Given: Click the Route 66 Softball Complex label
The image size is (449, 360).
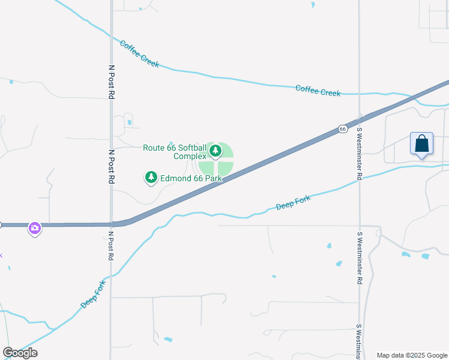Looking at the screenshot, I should click(174, 152).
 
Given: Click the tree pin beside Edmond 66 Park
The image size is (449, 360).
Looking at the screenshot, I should click(151, 177).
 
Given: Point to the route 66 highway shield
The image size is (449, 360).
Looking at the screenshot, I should click(342, 129).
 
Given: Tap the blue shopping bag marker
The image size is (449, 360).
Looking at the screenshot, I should click(422, 144).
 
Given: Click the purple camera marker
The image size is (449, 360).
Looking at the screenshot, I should click(35, 228).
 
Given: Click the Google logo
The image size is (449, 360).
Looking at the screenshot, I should click(20, 353).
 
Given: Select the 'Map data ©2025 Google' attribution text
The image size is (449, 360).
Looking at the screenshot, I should click(412, 355).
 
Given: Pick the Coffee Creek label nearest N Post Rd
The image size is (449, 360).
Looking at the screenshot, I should click(139, 54).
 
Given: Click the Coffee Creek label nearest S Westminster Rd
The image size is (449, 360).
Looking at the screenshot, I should click(318, 91).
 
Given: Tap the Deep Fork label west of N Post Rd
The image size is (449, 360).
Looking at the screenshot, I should click(94, 294).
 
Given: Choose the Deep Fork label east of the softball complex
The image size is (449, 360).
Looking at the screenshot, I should click(293, 202).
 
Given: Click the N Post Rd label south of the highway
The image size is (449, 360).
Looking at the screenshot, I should click(111, 246).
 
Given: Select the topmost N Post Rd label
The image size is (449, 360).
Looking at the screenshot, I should click(111, 82).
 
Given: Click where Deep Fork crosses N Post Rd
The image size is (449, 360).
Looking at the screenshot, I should click(111, 278).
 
